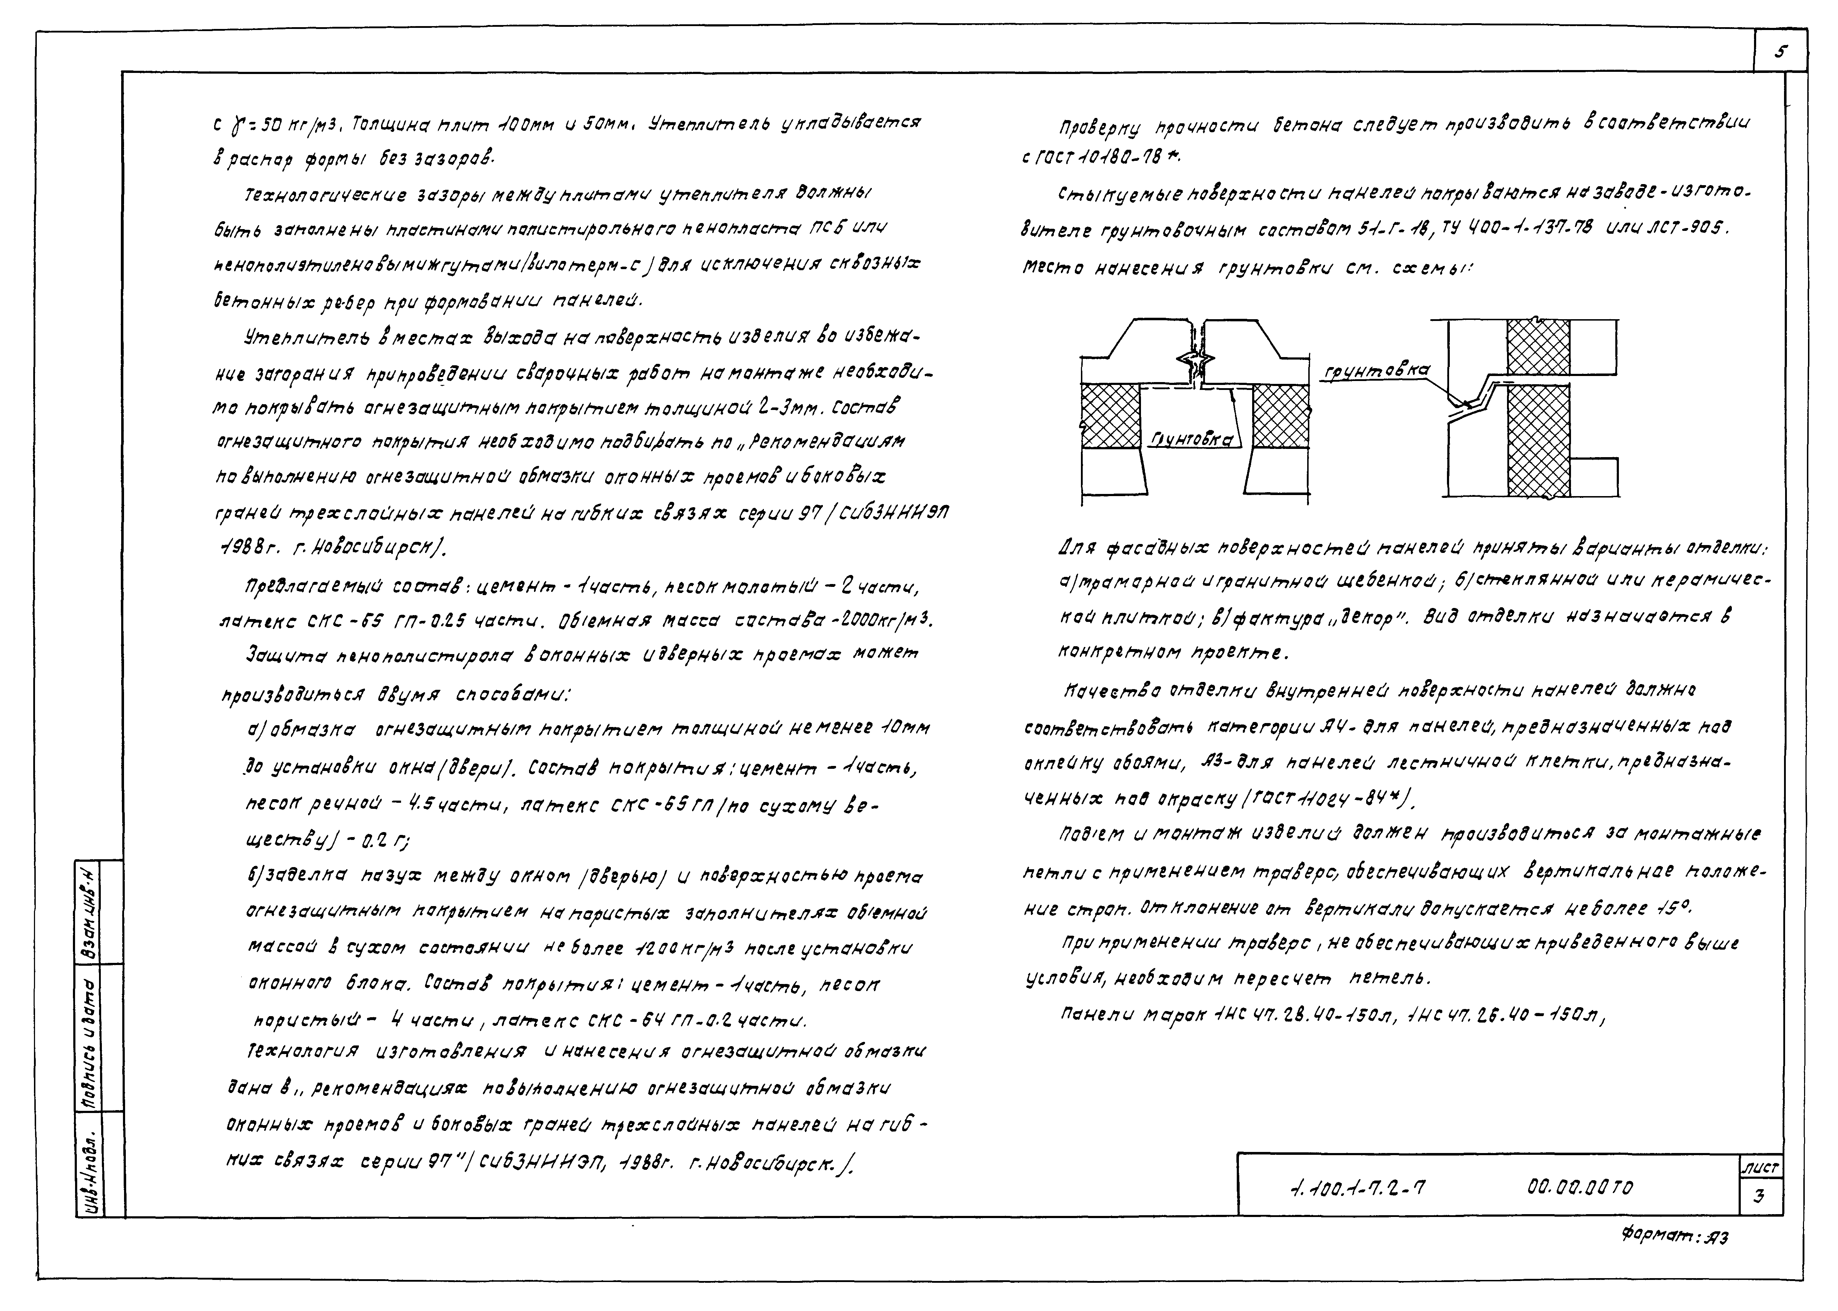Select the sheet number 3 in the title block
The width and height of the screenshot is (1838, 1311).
pos(1758,1196)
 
